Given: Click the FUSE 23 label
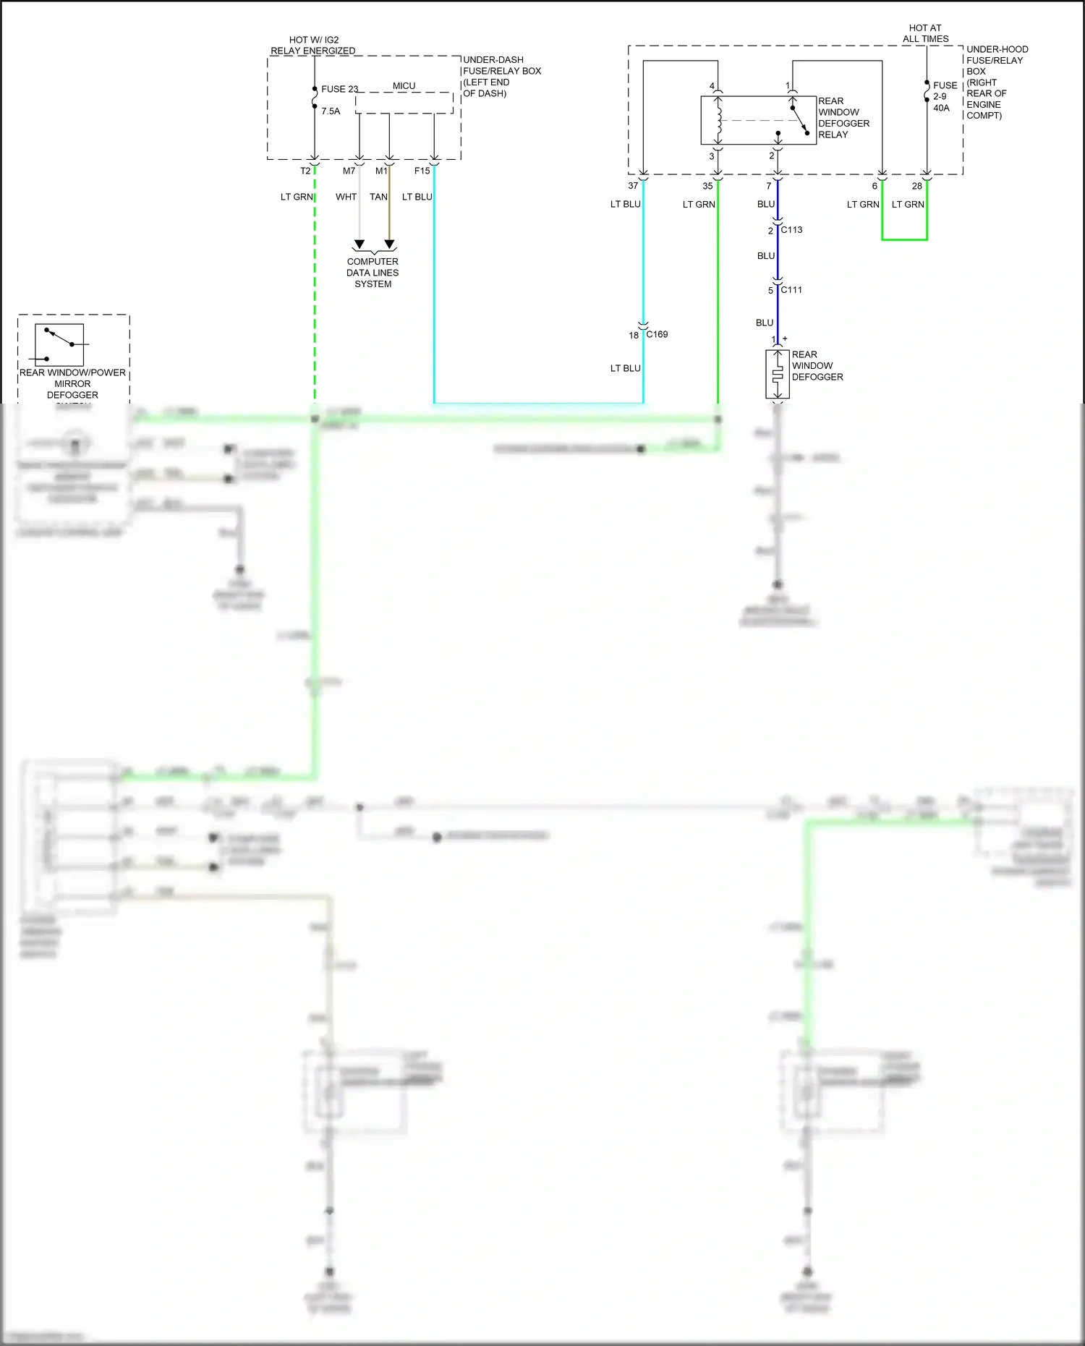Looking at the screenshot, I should (x=339, y=89).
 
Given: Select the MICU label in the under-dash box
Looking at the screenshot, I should (x=404, y=86).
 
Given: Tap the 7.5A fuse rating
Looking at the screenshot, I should (x=331, y=111).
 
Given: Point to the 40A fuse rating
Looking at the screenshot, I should (x=941, y=108).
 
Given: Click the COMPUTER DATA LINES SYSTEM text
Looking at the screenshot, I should (x=373, y=273).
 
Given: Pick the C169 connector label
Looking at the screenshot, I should (x=657, y=334).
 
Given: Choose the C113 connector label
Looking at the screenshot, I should (x=791, y=229).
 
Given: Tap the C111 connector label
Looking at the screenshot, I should (x=791, y=289).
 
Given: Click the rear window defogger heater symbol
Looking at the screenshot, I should (x=778, y=375).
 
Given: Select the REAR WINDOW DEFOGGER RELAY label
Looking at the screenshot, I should (x=843, y=118).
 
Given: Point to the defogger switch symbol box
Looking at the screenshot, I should (x=59, y=345).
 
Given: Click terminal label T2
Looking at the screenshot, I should (x=305, y=171).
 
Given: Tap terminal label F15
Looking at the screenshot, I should (x=422, y=171).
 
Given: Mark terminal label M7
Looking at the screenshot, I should (x=349, y=171).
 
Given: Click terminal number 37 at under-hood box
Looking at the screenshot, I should (x=633, y=186).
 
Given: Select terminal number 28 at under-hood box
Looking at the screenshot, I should (x=917, y=186).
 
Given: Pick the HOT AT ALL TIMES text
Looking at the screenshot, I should (x=925, y=33).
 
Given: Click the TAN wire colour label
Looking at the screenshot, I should (x=378, y=197).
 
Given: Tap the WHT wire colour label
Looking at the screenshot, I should (x=346, y=197).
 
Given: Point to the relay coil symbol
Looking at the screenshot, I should (x=718, y=121).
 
